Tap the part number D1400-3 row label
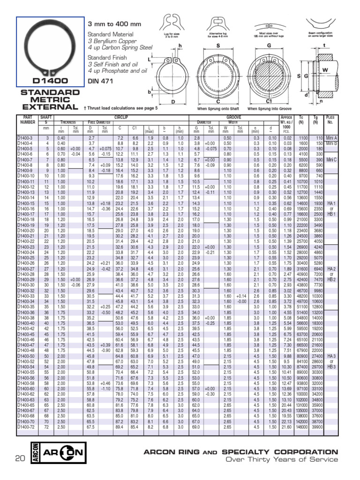[26, 139]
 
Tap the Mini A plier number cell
[331, 139]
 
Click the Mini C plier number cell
[331, 160]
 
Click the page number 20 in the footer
[19, 458]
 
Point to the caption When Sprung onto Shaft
[218, 108]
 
